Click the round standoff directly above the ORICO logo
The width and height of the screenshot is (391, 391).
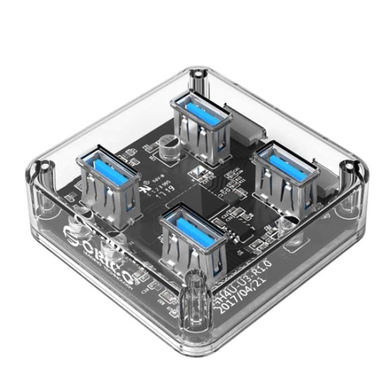84,213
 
